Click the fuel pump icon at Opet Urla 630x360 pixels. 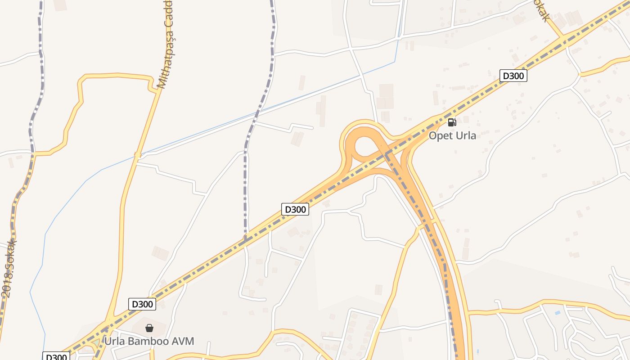452,122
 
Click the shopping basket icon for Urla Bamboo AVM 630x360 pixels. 149,328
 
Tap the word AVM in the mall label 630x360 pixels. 184,341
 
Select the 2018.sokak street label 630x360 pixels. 9,268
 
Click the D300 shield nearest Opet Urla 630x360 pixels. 513,76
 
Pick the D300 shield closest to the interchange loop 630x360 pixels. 295,209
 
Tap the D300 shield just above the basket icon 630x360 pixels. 142,304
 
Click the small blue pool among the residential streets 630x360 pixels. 558,312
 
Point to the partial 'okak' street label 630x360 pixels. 540,10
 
